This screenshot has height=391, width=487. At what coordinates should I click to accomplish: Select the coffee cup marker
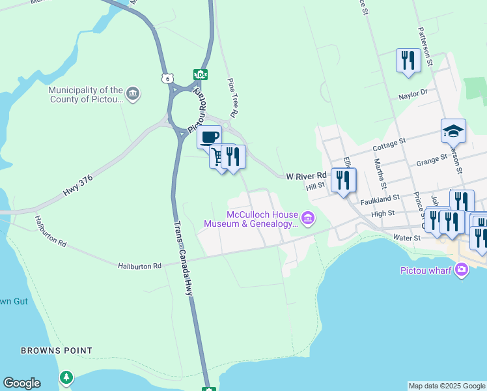click(209, 137)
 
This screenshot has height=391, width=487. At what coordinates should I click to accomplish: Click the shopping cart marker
click(217, 156)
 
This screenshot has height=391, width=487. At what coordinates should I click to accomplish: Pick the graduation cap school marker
click(453, 132)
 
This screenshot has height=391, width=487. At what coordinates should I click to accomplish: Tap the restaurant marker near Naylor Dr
click(408, 61)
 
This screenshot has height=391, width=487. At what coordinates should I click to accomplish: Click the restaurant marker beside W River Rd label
click(343, 179)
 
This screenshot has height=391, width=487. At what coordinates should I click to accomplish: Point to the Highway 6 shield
click(168, 78)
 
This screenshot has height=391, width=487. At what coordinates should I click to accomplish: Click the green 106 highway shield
click(200, 75)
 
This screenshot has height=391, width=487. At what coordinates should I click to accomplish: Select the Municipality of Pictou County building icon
click(132, 94)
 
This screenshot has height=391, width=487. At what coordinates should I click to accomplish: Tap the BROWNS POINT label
click(56, 351)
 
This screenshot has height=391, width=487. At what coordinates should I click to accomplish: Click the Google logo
click(21, 383)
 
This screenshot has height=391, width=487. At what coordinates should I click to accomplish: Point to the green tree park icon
click(66, 377)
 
